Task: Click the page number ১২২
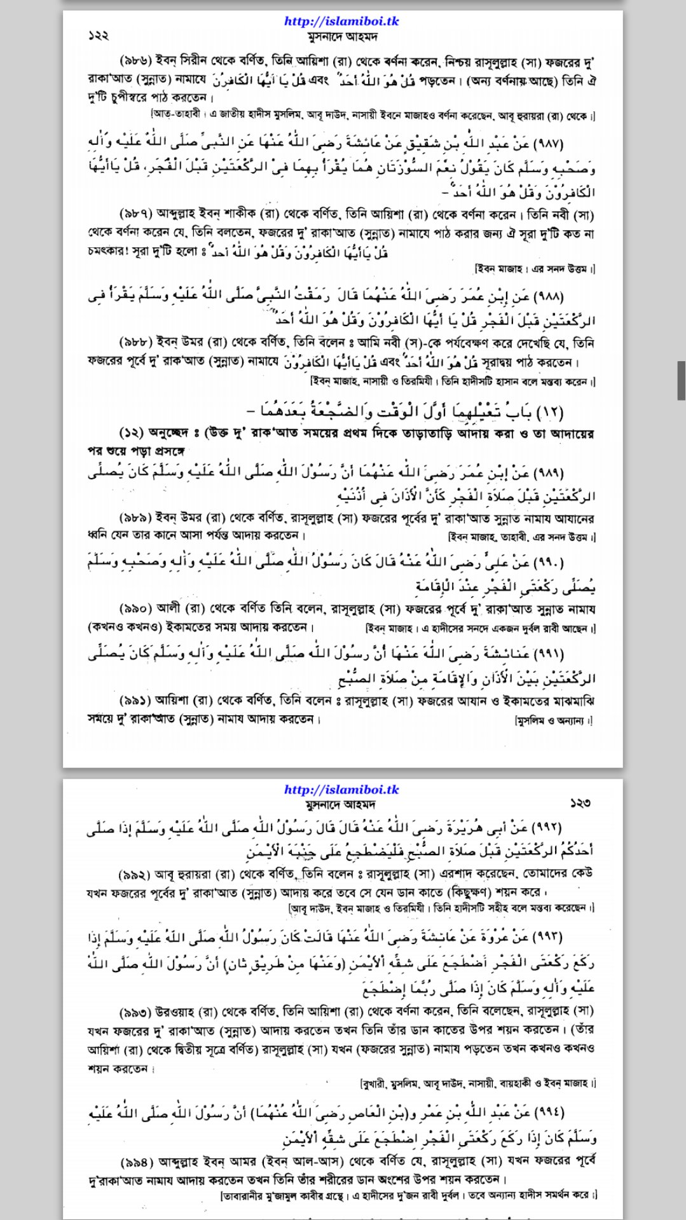tap(99, 36)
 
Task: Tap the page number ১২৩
tap(580, 804)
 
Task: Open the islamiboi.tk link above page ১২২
tap(341, 21)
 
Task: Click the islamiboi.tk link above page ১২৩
tap(341, 790)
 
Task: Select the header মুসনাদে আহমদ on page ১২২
tap(342, 36)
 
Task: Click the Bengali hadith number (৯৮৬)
tap(135, 61)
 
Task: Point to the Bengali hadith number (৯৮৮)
tap(135, 343)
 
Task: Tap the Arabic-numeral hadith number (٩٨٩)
tap(547, 473)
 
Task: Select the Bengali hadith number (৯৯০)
tap(135, 609)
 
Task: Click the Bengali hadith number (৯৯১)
tap(135, 701)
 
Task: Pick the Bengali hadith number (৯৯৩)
tap(135, 1011)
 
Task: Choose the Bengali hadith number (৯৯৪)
tap(136, 1162)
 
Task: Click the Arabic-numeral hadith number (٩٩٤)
tap(547, 1112)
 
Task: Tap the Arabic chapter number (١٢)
tap(551, 412)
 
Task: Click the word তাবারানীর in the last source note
tap(245, 1195)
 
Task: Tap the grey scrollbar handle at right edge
tap(681, 380)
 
